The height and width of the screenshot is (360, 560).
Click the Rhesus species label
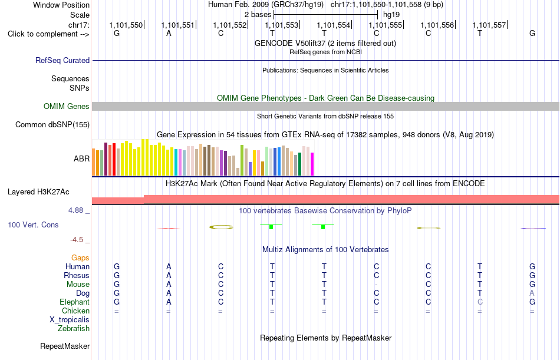[x=77, y=275]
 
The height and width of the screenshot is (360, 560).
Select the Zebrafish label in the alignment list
[x=74, y=329]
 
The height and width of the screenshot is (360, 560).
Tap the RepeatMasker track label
[x=65, y=346]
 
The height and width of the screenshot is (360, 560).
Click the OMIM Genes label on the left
[x=67, y=107]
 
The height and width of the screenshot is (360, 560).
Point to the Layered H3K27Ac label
[x=38, y=192]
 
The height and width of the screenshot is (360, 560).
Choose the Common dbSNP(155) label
[x=52, y=125]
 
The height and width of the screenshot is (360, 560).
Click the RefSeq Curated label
[x=62, y=60]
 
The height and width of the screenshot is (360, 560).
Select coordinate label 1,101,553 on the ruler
[x=281, y=25]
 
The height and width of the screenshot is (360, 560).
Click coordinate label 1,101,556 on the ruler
[x=437, y=25]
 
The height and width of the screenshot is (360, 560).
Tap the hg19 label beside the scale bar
[x=391, y=15]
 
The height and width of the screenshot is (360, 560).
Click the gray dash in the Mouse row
[x=376, y=285]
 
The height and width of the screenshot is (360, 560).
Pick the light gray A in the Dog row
[x=532, y=293]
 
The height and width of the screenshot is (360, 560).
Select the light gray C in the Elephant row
[x=480, y=302]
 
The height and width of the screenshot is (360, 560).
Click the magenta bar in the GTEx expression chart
[x=312, y=164]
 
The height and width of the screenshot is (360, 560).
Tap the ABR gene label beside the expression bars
[x=81, y=159]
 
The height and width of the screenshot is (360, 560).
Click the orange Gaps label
[x=80, y=258]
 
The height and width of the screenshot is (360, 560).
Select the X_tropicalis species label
[x=70, y=320]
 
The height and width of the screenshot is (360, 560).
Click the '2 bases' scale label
[x=258, y=15]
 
